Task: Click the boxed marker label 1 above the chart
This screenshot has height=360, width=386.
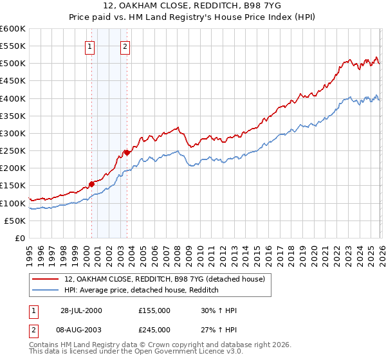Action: point(89,46)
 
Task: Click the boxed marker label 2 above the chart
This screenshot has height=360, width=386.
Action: point(124,46)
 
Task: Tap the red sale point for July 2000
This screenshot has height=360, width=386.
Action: point(92,184)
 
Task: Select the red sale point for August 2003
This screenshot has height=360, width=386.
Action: point(127,152)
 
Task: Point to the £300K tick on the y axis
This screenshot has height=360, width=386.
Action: point(13,133)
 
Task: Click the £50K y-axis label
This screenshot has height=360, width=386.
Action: point(15,221)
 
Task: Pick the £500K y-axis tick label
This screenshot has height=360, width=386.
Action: point(13,64)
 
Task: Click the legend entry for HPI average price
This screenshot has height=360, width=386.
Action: point(142,291)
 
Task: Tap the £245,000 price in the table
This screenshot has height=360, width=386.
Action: point(154,330)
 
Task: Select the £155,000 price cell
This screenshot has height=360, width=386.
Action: point(154,310)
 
